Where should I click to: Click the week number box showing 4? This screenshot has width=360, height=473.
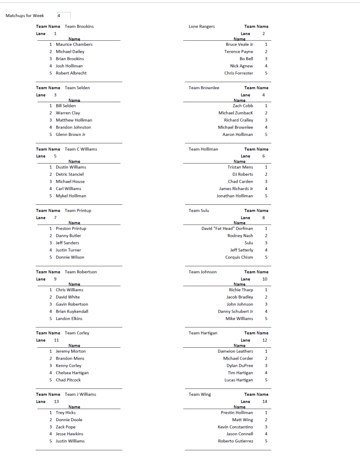pyautogui.click(x=64, y=16)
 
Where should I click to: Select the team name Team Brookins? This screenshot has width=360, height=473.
pyautogui.click(x=79, y=26)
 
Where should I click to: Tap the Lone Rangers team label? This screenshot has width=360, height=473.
pyautogui.click(x=202, y=26)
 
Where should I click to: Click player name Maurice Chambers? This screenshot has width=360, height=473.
pyautogui.click(x=74, y=44)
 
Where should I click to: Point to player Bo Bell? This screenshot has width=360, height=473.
pyautogui.click(x=246, y=59)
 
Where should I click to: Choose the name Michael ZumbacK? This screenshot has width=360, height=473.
pyautogui.click(x=236, y=113)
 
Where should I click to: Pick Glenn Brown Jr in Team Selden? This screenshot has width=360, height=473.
pyautogui.click(x=70, y=135)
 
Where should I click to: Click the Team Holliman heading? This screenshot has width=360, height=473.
pyautogui.click(x=203, y=149)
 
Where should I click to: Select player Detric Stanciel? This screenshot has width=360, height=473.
pyautogui.click(x=69, y=174)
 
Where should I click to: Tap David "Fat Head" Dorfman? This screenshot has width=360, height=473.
pyautogui.click(x=227, y=228)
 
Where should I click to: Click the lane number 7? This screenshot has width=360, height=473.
pyautogui.click(x=56, y=218)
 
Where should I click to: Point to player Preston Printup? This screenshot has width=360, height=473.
pyautogui.click(x=71, y=228)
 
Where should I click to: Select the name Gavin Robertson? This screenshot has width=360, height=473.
pyautogui.click(x=72, y=304)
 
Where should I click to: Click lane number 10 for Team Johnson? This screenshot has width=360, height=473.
pyautogui.click(x=265, y=279)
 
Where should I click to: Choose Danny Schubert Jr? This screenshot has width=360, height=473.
pyautogui.click(x=236, y=312)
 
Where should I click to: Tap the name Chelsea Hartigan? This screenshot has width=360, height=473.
pyautogui.click(x=72, y=373)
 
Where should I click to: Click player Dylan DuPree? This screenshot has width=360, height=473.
pyautogui.click(x=240, y=366)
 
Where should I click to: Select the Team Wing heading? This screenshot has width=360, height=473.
pyautogui.click(x=200, y=394)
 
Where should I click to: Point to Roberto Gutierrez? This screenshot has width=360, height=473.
pyautogui.click(x=236, y=441)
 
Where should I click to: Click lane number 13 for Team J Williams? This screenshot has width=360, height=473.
pyautogui.click(x=56, y=402)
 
